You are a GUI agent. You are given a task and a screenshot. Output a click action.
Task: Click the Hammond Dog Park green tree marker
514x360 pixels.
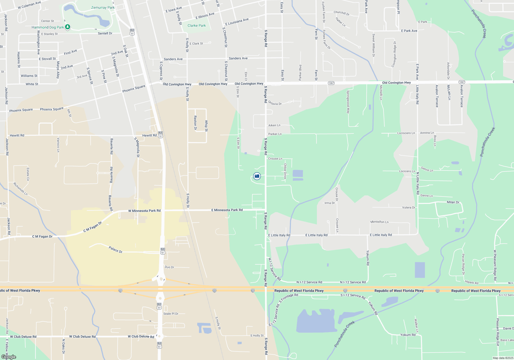tap(68, 27)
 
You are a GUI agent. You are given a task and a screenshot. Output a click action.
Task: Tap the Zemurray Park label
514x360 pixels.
tap(103, 7)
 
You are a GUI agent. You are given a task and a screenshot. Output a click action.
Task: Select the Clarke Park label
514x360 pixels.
tap(197, 25)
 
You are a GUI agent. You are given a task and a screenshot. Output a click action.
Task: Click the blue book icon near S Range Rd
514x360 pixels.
tap(257, 176)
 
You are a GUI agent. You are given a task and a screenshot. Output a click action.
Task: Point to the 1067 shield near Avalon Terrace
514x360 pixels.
tap(462, 82)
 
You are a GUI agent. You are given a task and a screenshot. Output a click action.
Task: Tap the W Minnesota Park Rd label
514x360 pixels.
tap(144, 211)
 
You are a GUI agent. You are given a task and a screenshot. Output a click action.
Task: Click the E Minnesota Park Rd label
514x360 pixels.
tap(227, 210)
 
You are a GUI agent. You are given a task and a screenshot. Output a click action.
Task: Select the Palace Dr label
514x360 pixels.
tap(115, 249)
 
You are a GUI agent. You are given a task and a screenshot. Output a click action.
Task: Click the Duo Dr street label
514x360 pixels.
tap(169, 267)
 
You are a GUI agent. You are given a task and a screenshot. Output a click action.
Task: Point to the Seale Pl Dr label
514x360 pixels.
tap(171, 314)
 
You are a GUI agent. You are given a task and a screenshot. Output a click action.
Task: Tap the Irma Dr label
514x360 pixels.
tap(329, 203)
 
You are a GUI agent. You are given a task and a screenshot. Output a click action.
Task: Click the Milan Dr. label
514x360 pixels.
tap(453, 202)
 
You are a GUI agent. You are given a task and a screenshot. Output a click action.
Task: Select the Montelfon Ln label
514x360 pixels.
tap(380, 222)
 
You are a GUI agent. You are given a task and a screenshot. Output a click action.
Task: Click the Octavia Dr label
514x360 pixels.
tap(275, 103)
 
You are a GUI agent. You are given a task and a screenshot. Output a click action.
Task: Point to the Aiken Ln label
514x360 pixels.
tap(274, 125)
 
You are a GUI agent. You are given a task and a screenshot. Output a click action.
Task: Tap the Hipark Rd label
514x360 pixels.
tap(472, 282)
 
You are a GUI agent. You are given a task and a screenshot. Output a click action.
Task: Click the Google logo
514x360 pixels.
tap(9, 357)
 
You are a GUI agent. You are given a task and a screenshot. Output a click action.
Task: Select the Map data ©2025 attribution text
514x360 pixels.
tap(503, 358)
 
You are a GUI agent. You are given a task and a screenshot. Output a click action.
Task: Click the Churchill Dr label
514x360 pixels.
tap(342, 13)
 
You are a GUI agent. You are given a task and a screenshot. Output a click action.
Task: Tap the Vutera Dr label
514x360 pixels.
tap(409, 208)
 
